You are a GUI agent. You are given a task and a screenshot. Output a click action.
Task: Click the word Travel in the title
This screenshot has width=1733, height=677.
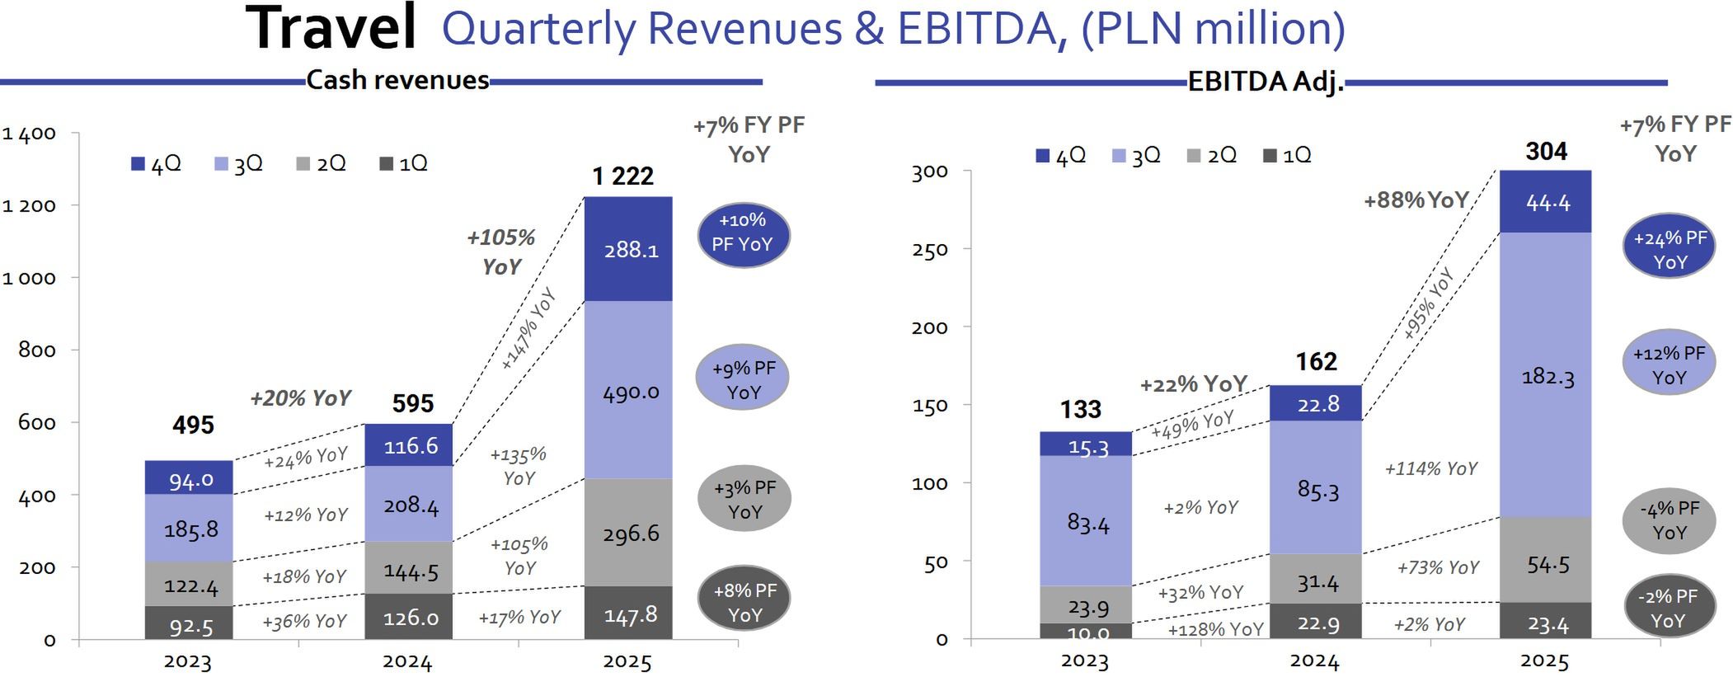click(331, 29)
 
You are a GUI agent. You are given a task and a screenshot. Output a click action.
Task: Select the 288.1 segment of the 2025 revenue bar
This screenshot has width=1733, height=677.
click(631, 249)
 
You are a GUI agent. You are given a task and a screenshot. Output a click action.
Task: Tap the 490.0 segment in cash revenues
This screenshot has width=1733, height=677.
click(631, 392)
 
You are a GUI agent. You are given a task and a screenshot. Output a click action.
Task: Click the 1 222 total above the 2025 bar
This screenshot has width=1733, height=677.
click(622, 176)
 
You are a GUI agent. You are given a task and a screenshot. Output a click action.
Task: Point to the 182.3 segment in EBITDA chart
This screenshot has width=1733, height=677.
click(1547, 377)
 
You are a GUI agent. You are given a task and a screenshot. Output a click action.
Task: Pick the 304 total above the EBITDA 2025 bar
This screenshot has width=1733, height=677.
click(1546, 151)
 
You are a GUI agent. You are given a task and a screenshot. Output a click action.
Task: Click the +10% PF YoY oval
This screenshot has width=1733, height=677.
click(743, 233)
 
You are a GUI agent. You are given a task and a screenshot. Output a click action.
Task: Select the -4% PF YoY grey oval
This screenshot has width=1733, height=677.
click(1669, 520)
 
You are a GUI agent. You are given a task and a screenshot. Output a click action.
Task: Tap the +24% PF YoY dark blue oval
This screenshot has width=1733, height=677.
click(1670, 250)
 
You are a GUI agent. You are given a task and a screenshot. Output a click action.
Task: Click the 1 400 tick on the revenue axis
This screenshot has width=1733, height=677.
click(30, 134)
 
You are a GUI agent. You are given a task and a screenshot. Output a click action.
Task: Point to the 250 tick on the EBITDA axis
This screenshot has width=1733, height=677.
click(929, 249)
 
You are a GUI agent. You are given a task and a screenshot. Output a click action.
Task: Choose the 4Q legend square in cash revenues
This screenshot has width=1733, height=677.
click(138, 164)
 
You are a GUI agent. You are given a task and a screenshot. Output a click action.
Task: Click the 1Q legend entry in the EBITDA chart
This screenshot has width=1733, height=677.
click(1287, 155)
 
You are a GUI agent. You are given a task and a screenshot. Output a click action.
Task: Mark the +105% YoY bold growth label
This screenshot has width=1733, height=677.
click(501, 252)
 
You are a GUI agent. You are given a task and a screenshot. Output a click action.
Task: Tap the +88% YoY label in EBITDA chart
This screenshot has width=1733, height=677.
click(1416, 200)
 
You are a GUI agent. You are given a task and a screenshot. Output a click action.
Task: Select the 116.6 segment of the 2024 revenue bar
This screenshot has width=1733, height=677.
click(411, 446)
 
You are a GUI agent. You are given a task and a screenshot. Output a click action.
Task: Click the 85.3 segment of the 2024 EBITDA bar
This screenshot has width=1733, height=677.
click(1317, 490)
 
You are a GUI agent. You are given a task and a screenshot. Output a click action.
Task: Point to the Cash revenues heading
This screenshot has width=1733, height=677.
click(397, 80)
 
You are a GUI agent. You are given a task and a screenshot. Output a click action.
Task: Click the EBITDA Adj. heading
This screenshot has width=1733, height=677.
click(1266, 82)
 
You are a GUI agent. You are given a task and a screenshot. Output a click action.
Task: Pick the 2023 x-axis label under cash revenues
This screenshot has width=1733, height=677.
click(188, 661)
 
